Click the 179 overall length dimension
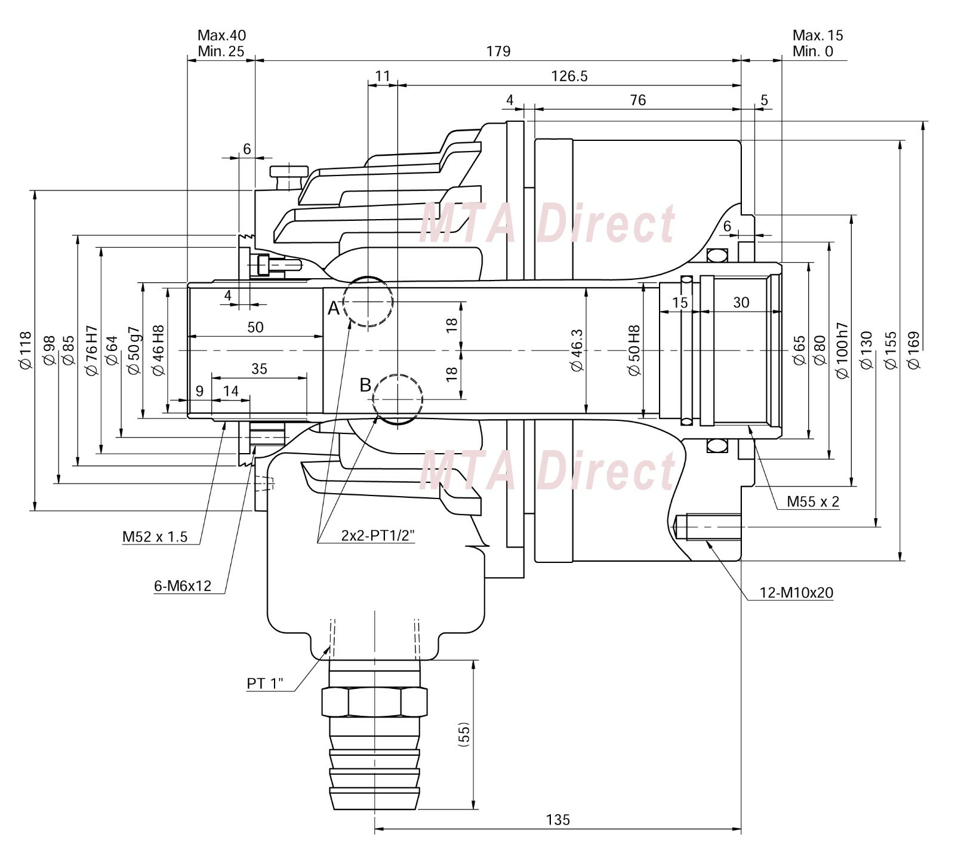tap(498, 51)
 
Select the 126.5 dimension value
tap(569, 76)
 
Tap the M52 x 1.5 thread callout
tap(155, 537)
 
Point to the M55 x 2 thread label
tap(812, 501)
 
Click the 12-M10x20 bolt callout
tap(796, 593)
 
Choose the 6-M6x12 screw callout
tap(183, 586)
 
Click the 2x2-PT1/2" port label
tap(377, 535)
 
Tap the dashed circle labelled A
tap(368, 301)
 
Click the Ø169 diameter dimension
tap(913, 350)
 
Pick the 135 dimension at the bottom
tap(557, 820)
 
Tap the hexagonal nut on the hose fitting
tap(374, 702)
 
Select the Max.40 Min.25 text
tap(221, 43)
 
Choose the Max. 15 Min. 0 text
tap(817, 43)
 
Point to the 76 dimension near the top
tap(637, 100)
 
